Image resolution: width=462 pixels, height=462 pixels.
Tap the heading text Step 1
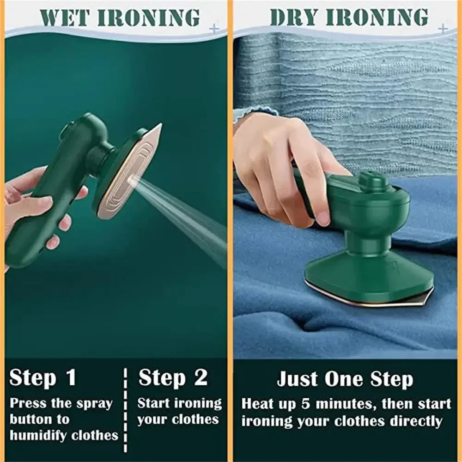click(x=43, y=377)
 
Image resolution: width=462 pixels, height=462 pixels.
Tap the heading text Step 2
click(x=173, y=377)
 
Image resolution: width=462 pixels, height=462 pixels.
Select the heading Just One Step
click(x=345, y=380)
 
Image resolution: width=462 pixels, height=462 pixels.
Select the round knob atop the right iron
click(x=372, y=181)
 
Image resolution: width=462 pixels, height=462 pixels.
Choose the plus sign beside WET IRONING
click(x=213, y=29)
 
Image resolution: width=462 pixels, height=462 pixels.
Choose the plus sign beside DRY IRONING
click(x=443, y=29)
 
